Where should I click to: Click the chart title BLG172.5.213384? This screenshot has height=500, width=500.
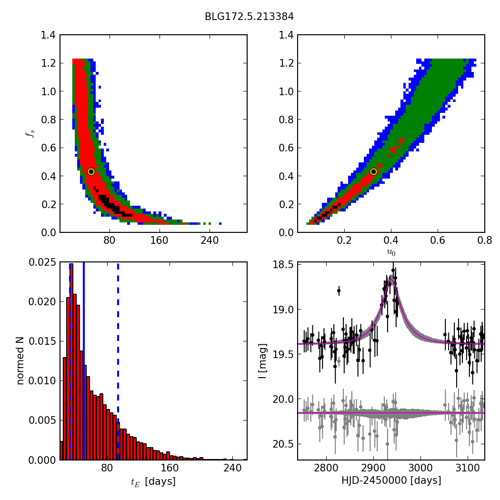coord(249,17)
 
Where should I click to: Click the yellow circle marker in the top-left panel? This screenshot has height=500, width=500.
coord(91,171)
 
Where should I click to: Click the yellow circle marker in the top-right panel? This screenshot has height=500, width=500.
coord(373,171)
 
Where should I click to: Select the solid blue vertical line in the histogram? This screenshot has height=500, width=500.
coord(84,362)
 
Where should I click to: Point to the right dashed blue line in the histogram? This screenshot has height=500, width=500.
coord(118,362)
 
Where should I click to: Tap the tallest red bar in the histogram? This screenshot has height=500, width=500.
coord(71,362)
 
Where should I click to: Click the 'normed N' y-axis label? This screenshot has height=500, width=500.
coord(20,360)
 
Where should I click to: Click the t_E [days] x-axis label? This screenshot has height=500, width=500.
coord(153,482)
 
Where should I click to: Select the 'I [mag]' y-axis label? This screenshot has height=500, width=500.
coord(262,361)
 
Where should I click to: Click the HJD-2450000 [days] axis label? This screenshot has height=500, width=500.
coord(391,481)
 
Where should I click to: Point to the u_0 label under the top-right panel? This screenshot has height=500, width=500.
coord(391,252)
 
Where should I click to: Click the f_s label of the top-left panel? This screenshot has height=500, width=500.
coord(30,134)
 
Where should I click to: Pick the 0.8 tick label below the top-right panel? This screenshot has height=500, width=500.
coord(484,241)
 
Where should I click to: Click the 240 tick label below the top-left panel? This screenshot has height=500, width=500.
coord(210,241)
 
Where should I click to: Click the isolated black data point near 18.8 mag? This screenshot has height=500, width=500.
coord(339,290)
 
